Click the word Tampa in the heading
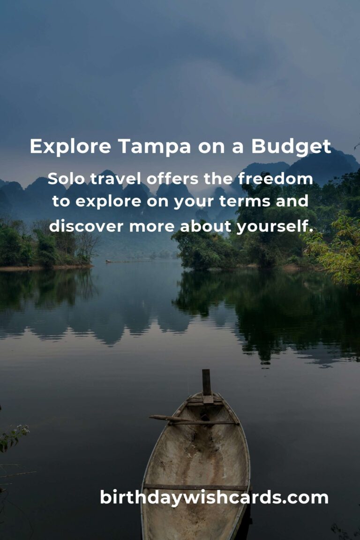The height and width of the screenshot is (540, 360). (x=154, y=146)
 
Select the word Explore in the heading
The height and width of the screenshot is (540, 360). (x=70, y=146)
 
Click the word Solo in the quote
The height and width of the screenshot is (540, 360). (x=66, y=179)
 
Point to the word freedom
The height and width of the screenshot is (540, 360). (x=275, y=179)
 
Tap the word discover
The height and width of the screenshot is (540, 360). (x=87, y=226)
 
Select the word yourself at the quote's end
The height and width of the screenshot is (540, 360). (x=275, y=226)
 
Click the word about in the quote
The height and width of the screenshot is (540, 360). (x=206, y=226)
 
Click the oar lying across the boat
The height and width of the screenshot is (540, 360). (x=193, y=420)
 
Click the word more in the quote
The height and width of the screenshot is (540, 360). (x=152, y=226)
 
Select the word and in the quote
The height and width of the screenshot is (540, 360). (x=292, y=201)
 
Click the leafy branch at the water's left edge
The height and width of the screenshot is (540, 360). (x=14, y=437)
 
